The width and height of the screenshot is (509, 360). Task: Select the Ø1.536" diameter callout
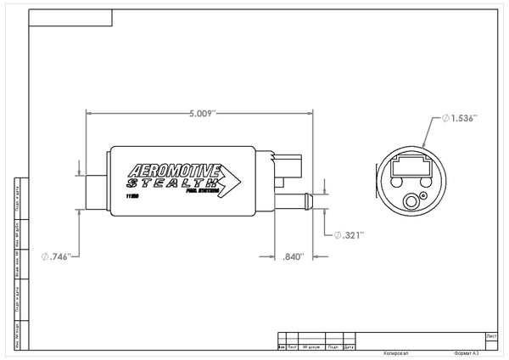coord(460,119)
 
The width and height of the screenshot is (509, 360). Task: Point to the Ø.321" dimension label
coord(349,233)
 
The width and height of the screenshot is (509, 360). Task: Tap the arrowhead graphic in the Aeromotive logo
coord(232,179)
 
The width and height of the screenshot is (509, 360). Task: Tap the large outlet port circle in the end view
coord(414,201)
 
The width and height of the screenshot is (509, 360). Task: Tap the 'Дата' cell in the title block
coord(350,346)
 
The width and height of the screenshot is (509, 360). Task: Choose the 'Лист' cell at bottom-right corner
coord(492,335)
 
